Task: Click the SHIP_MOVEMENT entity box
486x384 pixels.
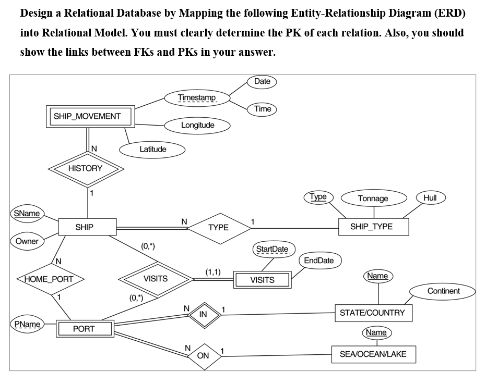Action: (x=87, y=116)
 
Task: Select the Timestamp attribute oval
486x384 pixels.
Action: (x=197, y=98)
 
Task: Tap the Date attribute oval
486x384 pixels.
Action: (x=262, y=81)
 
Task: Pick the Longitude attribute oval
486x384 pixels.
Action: (x=197, y=125)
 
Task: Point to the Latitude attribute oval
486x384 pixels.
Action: (x=152, y=150)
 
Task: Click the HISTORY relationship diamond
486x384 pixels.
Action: (x=86, y=168)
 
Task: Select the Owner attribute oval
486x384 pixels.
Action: (x=27, y=241)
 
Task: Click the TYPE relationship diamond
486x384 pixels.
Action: (x=218, y=228)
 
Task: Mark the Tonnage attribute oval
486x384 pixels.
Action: (x=373, y=199)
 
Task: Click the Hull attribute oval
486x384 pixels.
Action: (x=430, y=197)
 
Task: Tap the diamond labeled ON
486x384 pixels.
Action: (x=203, y=356)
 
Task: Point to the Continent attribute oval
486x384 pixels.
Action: (x=443, y=291)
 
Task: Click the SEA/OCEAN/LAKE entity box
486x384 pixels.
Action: (x=373, y=354)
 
